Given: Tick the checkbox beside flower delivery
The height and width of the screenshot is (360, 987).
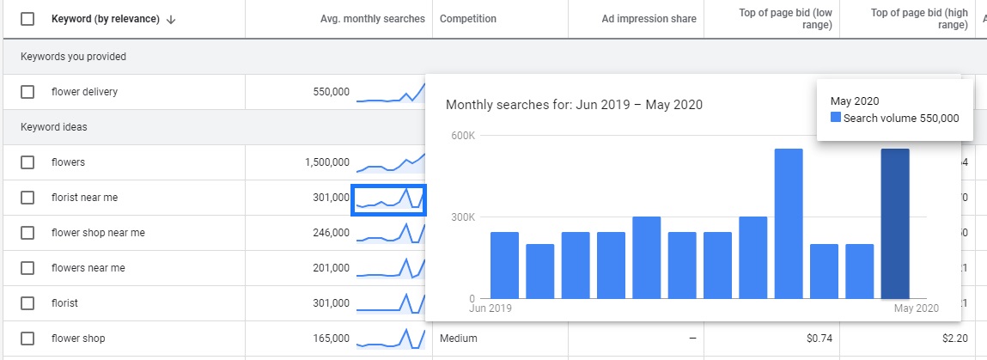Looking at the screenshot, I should [27, 92].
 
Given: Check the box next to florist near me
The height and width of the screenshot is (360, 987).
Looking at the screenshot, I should [27, 198].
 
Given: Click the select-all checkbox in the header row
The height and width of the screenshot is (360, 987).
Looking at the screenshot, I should [27, 19].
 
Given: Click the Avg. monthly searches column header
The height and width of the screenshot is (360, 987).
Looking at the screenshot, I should [372, 19].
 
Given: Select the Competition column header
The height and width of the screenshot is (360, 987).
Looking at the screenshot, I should [467, 19].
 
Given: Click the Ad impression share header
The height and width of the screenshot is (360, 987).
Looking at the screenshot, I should [649, 19].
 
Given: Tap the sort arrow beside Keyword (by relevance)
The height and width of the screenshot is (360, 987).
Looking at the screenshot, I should [171, 20].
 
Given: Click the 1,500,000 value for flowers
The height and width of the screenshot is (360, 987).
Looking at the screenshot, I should [326, 162].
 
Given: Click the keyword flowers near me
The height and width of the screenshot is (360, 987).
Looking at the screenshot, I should [88, 268].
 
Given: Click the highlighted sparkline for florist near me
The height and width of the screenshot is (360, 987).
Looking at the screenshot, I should [389, 199].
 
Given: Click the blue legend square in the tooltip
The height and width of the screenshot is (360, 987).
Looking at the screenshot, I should [836, 119].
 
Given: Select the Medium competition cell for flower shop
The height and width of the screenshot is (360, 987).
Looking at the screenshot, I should [458, 339].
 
